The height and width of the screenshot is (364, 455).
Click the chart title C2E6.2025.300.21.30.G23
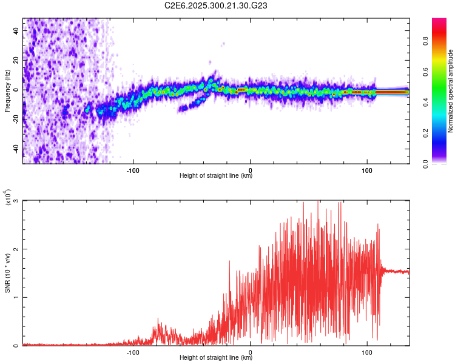[217, 5]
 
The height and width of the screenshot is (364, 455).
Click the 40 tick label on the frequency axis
[16, 30]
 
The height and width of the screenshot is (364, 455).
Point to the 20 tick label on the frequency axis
[16, 60]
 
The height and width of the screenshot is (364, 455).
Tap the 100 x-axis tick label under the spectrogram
[366, 169]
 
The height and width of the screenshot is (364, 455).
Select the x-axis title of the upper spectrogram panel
[216, 176]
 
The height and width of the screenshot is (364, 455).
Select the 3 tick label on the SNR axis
[17, 201]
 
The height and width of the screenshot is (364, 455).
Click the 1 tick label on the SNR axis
[17, 297]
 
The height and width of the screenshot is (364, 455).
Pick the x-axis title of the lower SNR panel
[216, 358]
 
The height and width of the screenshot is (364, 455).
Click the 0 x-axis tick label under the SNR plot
[251, 352]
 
